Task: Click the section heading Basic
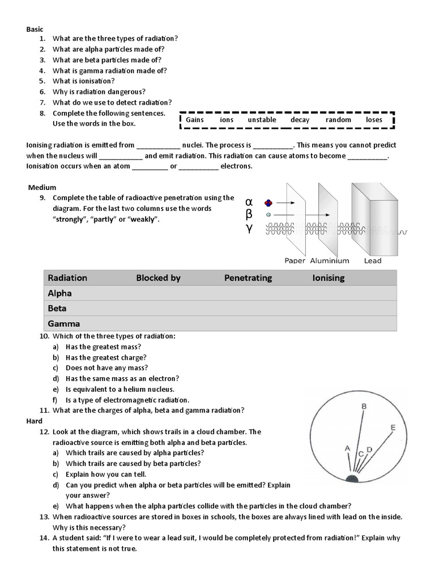(x=34, y=29)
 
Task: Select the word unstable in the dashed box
(x=262, y=120)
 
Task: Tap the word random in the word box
(x=338, y=120)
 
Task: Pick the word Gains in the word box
(x=195, y=120)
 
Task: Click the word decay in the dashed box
(x=300, y=120)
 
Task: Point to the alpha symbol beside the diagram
(x=249, y=202)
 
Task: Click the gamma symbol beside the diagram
(x=249, y=229)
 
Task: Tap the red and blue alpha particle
(x=268, y=203)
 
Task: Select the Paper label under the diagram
(x=295, y=261)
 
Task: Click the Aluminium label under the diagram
(x=330, y=261)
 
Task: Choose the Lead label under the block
(x=373, y=261)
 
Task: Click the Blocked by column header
(x=158, y=278)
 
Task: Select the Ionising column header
(x=329, y=278)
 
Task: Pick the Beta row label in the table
(x=57, y=308)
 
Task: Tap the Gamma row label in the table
(x=64, y=324)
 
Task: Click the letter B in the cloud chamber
(x=364, y=406)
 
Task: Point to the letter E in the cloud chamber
(x=393, y=427)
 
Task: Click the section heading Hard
(x=35, y=421)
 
